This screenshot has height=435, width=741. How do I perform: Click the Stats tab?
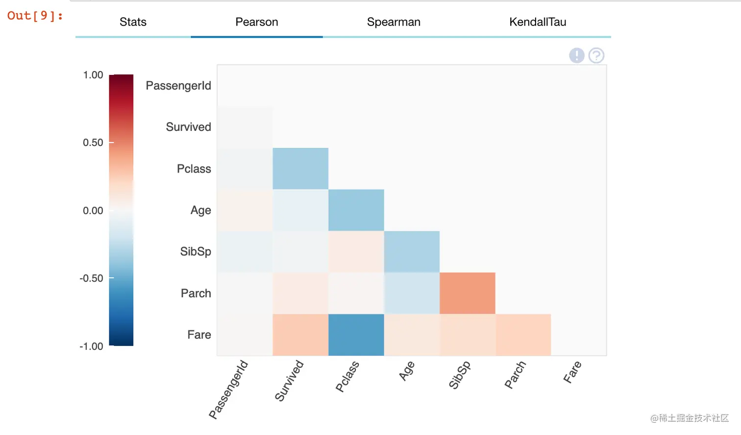(133, 22)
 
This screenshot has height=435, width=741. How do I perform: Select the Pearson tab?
(256, 22)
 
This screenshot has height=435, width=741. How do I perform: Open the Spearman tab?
(394, 22)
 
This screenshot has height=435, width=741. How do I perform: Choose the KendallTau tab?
(538, 22)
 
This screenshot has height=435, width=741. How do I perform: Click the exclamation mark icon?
(577, 55)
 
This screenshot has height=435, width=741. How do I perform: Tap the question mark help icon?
(596, 55)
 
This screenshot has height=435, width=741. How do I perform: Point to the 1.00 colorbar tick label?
(93, 75)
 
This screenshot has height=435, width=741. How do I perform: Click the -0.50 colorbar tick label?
(92, 278)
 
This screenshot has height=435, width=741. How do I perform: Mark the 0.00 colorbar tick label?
(93, 211)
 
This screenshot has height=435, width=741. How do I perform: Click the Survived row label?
(188, 127)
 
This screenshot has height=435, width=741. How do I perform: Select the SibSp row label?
(196, 252)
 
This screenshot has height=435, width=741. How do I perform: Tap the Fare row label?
(199, 335)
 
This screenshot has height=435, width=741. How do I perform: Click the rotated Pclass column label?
(347, 376)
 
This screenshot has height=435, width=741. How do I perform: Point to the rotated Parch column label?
(515, 375)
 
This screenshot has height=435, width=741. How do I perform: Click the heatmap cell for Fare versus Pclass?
(356, 335)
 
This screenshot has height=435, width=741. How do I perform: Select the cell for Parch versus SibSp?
(468, 293)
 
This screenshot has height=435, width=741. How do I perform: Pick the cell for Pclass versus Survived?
(300, 169)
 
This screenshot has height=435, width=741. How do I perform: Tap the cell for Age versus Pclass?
(356, 210)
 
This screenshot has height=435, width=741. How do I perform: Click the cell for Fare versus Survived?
(300, 335)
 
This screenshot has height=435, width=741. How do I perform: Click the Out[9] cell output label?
(35, 16)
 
